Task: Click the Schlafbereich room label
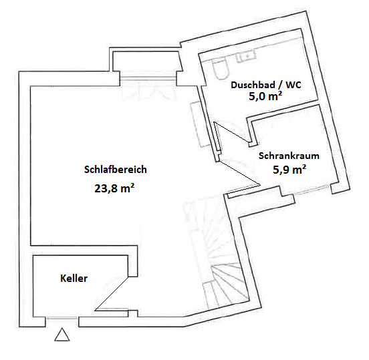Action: point(115,170)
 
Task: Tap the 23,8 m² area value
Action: point(114,188)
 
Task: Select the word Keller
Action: point(74,279)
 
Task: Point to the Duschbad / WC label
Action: point(266,85)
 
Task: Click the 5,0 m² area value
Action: point(265,96)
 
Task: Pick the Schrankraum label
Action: point(289,156)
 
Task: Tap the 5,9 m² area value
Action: point(289,169)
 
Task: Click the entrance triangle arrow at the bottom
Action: point(62,335)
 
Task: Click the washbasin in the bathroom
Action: point(247,56)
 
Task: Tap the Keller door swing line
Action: point(112,294)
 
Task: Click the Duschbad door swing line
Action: point(232,132)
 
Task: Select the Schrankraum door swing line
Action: point(239,173)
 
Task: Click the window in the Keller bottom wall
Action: point(61,318)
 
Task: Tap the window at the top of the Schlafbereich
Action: point(148,78)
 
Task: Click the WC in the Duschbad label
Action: point(293,85)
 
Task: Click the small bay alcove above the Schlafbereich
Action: point(146,61)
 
